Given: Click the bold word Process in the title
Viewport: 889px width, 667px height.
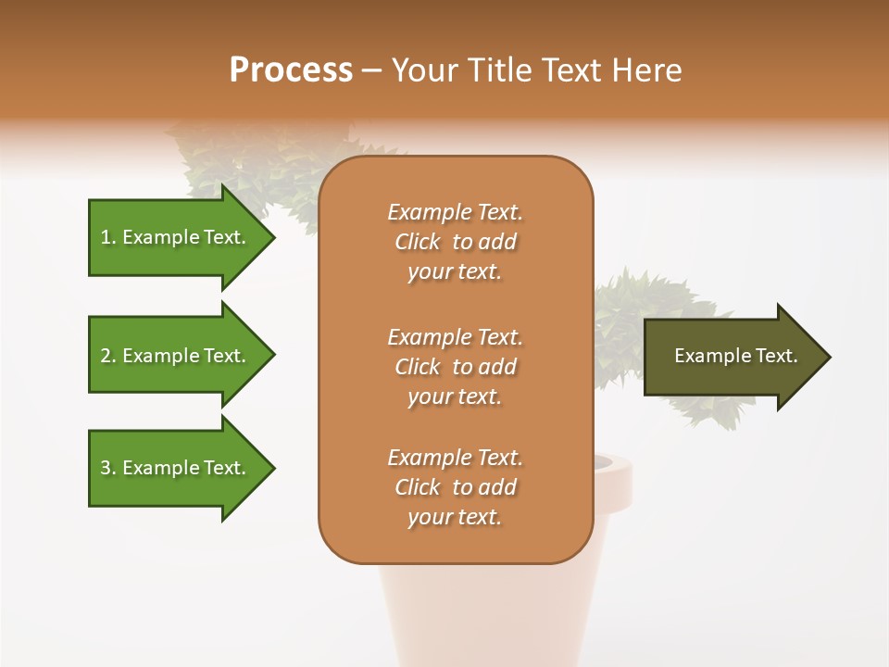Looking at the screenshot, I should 291,70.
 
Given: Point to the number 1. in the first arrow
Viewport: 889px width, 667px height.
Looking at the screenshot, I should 108,237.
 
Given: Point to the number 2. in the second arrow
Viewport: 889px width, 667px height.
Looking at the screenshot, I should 108,356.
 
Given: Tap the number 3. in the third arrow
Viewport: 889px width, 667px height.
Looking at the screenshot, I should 108,468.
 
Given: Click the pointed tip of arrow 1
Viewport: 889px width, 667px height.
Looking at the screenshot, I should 270,237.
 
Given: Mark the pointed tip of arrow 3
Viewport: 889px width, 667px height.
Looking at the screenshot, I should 270,468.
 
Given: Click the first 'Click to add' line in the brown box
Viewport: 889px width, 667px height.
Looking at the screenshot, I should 455,242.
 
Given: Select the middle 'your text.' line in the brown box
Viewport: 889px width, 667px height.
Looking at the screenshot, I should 455,396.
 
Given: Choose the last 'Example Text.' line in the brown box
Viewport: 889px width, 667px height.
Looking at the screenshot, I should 455,458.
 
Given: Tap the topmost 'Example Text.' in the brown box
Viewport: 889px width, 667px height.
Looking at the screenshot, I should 455,212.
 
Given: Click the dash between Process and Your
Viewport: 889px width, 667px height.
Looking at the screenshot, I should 372,70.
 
